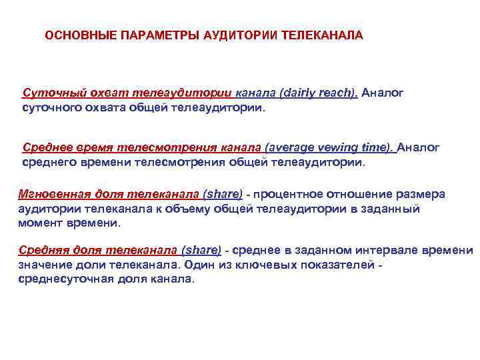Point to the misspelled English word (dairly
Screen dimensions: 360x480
282,93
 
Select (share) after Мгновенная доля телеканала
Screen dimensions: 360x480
223,195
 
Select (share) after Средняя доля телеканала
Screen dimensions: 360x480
201,251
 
